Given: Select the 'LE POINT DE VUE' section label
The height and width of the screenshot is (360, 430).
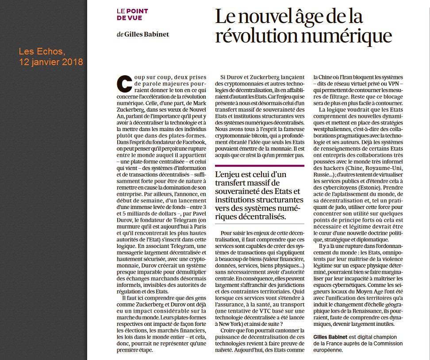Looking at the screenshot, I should tap(132, 14).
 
